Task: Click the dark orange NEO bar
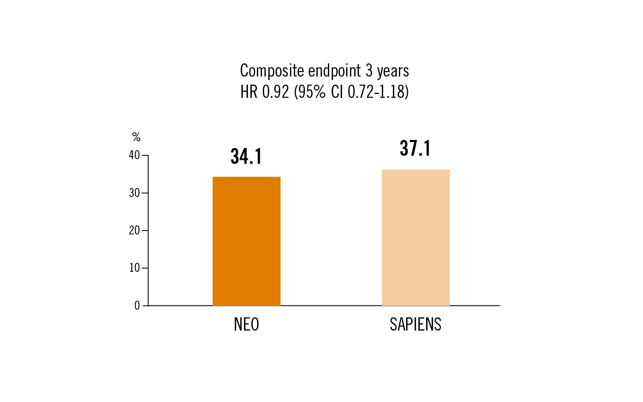click(x=247, y=241)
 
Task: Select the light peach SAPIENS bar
click(x=415, y=237)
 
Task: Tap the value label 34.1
click(x=246, y=157)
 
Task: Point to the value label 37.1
click(x=415, y=148)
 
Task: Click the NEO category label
click(x=246, y=325)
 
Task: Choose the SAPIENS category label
click(x=415, y=325)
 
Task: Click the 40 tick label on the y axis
click(x=134, y=155)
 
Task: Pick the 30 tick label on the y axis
click(x=134, y=193)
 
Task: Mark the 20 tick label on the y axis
click(x=134, y=231)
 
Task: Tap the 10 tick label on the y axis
click(x=134, y=268)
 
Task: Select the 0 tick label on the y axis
click(x=137, y=306)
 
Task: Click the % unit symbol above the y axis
click(x=136, y=137)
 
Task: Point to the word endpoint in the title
click(x=335, y=71)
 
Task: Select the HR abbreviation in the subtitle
click(x=249, y=92)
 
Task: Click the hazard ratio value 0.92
click(x=276, y=92)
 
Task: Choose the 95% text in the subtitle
click(x=312, y=92)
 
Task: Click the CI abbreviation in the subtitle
click(x=337, y=92)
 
